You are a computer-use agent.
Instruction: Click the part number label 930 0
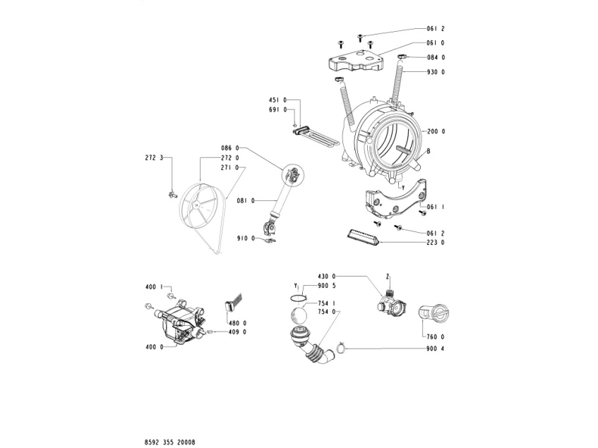(x=436, y=72)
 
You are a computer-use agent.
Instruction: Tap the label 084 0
(x=436, y=58)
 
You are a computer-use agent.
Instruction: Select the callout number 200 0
(x=436, y=131)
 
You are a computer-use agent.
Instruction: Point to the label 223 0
(x=436, y=242)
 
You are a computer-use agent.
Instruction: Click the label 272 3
(x=154, y=158)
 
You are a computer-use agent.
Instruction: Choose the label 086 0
(x=230, y=148)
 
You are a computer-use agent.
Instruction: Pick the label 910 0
(x=246, y=238)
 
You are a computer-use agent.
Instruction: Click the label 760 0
(x=436, y=337)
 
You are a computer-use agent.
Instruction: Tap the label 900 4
(x=436, y=349)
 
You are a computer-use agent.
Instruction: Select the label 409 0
(x=237, y=332)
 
